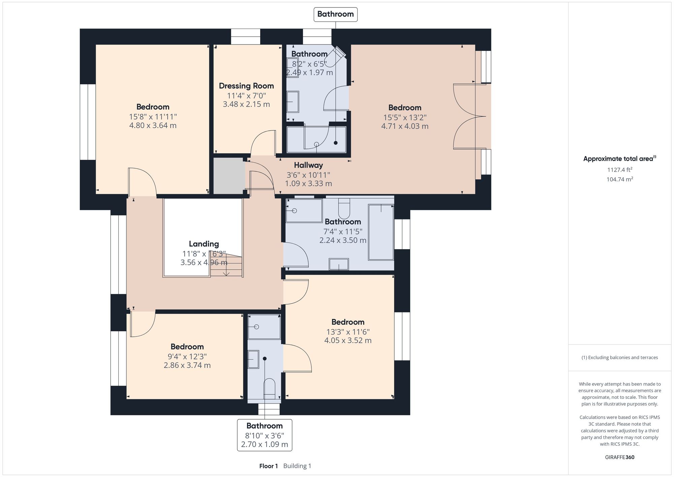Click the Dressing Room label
tap(246, 86)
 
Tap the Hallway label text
tap(308, 165)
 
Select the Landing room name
tap(204, 244)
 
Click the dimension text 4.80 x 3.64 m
tap(153, 125)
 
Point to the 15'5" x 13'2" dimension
tap(405, 117)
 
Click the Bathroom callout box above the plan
tap(335, 14)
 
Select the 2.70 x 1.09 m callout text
tap(265, 444)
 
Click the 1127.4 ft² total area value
tap(619, 170)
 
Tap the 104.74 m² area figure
tap(619, 179)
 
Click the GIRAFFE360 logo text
tap(619, 457)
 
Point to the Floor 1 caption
tap(268, 466)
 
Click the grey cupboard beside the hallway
tap(229, 176)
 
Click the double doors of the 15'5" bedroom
tap(468, 116)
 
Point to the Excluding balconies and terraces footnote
tap(619, 357)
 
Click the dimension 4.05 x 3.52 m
tap(348, 340)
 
